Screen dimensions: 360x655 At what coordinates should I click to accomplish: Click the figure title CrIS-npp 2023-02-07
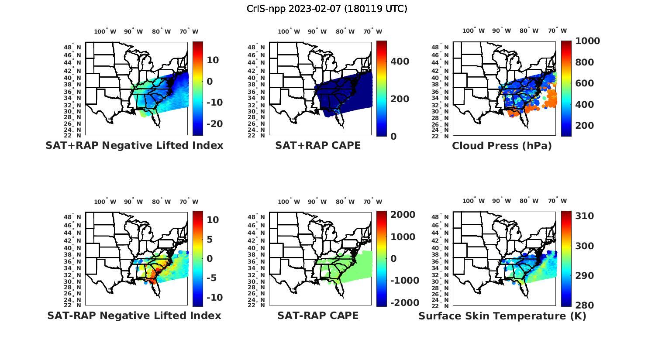pos(327,8)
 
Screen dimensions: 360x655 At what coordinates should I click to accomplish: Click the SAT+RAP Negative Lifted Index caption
pos(134,145)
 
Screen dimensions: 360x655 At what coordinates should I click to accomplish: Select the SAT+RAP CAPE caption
pos(318,145)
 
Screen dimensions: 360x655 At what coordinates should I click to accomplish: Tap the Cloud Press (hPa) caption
pos(502,146)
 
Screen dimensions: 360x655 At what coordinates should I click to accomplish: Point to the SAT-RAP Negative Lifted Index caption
pos(134,315)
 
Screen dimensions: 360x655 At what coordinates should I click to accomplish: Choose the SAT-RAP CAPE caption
pos(318,315)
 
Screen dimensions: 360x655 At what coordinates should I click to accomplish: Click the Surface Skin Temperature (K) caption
pos(502,316)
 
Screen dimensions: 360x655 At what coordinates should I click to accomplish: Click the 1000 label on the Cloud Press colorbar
pos(587,41)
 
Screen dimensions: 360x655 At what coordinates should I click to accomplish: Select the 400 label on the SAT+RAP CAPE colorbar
pos(400,62)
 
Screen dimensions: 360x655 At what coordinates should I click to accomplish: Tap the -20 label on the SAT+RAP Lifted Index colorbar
pos(214,124)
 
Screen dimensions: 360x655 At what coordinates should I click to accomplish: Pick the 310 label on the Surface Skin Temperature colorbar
pos(584,216)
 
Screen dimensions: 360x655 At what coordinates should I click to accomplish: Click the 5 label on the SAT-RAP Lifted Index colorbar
pos(210,239)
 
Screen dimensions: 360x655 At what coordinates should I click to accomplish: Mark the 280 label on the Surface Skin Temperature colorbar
pos(584,305)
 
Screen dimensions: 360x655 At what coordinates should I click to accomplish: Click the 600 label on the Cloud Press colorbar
pos(584,83)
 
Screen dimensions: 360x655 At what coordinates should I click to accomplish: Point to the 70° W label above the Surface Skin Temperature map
pos(557,202)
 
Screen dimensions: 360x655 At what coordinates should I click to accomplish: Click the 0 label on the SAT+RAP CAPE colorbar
pos(393,137)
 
